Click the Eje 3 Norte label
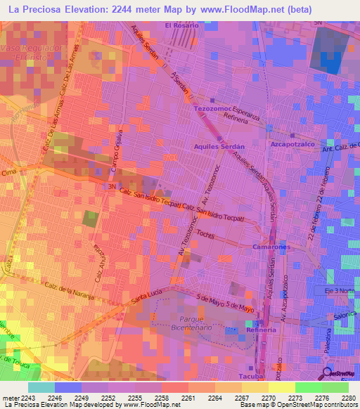point(341,290)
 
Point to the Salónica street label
point(344,316)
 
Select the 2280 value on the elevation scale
point(349,397)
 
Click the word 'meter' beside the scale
point(11,397)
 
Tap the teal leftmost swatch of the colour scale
point(41,387)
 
